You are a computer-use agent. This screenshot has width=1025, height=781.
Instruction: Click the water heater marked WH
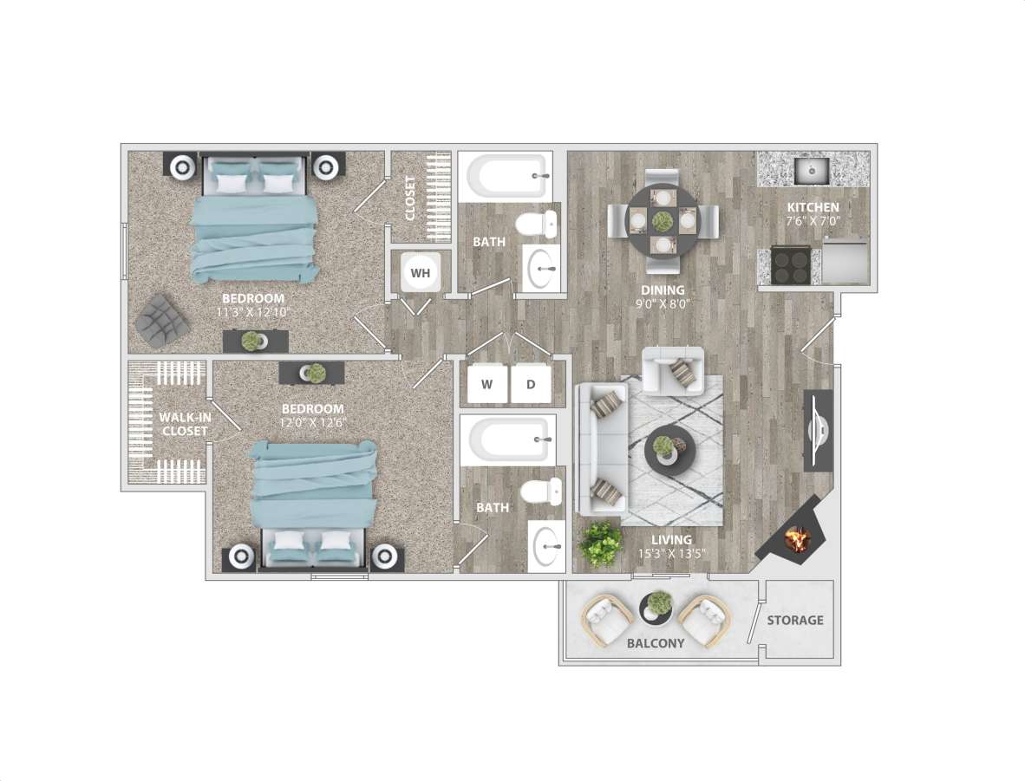point(421,273)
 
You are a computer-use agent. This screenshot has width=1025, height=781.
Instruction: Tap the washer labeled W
point(486,384)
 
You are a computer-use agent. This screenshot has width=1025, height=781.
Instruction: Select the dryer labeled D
point(530,384)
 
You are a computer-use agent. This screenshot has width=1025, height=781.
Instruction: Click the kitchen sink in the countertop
point(813,170)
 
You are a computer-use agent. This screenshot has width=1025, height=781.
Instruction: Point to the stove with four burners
point(791,265)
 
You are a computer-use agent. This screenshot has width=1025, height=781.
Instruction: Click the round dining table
point(663,220)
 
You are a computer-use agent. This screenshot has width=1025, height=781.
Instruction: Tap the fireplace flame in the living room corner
point(796,540)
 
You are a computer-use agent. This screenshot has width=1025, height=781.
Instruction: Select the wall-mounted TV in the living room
point(819,430)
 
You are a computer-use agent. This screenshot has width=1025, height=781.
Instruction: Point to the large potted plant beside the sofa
point(601,544)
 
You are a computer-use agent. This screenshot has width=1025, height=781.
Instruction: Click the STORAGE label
point(795,621)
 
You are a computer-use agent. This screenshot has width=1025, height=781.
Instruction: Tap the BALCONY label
point(656,643)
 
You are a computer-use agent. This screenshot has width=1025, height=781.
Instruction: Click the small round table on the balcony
point(657,608)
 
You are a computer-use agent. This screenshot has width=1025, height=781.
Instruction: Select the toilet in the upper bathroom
point(535,225)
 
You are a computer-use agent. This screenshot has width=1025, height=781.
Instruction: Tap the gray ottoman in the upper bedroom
point(162,320)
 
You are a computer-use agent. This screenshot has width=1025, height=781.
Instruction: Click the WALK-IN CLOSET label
point(183,424)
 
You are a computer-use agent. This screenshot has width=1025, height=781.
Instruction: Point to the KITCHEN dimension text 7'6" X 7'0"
point(813,221)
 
